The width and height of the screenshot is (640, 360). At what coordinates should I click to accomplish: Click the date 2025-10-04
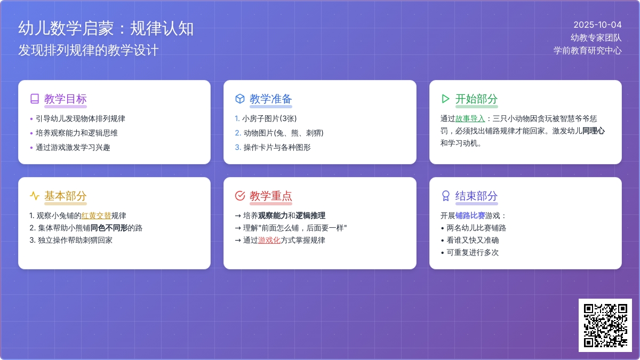[x=597, y=25]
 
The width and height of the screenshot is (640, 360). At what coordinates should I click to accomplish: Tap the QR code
[x=605, y=325]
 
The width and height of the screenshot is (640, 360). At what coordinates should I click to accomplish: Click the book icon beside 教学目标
[x=35, y=99]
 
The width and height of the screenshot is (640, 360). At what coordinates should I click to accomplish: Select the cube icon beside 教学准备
[x=239, y=99]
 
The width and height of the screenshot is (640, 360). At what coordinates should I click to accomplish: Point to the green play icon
[x=445, y=99]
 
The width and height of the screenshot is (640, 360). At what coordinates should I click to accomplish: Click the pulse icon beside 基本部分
[x=35, y=196]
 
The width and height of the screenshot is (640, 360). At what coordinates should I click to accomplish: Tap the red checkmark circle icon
[x=239, y=196]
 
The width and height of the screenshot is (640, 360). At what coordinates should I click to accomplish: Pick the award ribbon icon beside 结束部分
[x=445, y=196]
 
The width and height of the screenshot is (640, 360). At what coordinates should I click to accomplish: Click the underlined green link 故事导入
[x=470, y=118]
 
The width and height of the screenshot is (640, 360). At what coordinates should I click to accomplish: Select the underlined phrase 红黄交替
[x=97, y=215]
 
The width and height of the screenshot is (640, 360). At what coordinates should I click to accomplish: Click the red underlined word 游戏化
[x=269, y=241]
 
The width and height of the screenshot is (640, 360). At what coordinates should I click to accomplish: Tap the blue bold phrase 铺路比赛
[x=470, y=215]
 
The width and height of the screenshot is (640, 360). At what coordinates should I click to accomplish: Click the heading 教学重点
[x=271, y=196]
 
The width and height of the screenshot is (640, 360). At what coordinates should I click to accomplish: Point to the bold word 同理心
[x=594, y=131]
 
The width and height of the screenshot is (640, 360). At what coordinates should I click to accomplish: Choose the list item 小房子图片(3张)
[x=269, y=118]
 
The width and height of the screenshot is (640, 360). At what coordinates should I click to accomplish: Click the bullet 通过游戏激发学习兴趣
[x=73, y=147]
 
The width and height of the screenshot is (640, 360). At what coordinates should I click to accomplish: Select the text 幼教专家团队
[x=596, y=38]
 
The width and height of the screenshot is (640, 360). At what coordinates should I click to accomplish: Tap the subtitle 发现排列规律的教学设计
[x=89, y=50]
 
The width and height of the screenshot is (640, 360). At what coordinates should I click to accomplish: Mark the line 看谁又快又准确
[x=473, y=241]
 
